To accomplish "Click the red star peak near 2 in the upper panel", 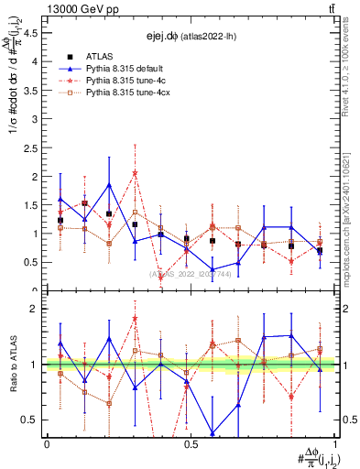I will point(135,172).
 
